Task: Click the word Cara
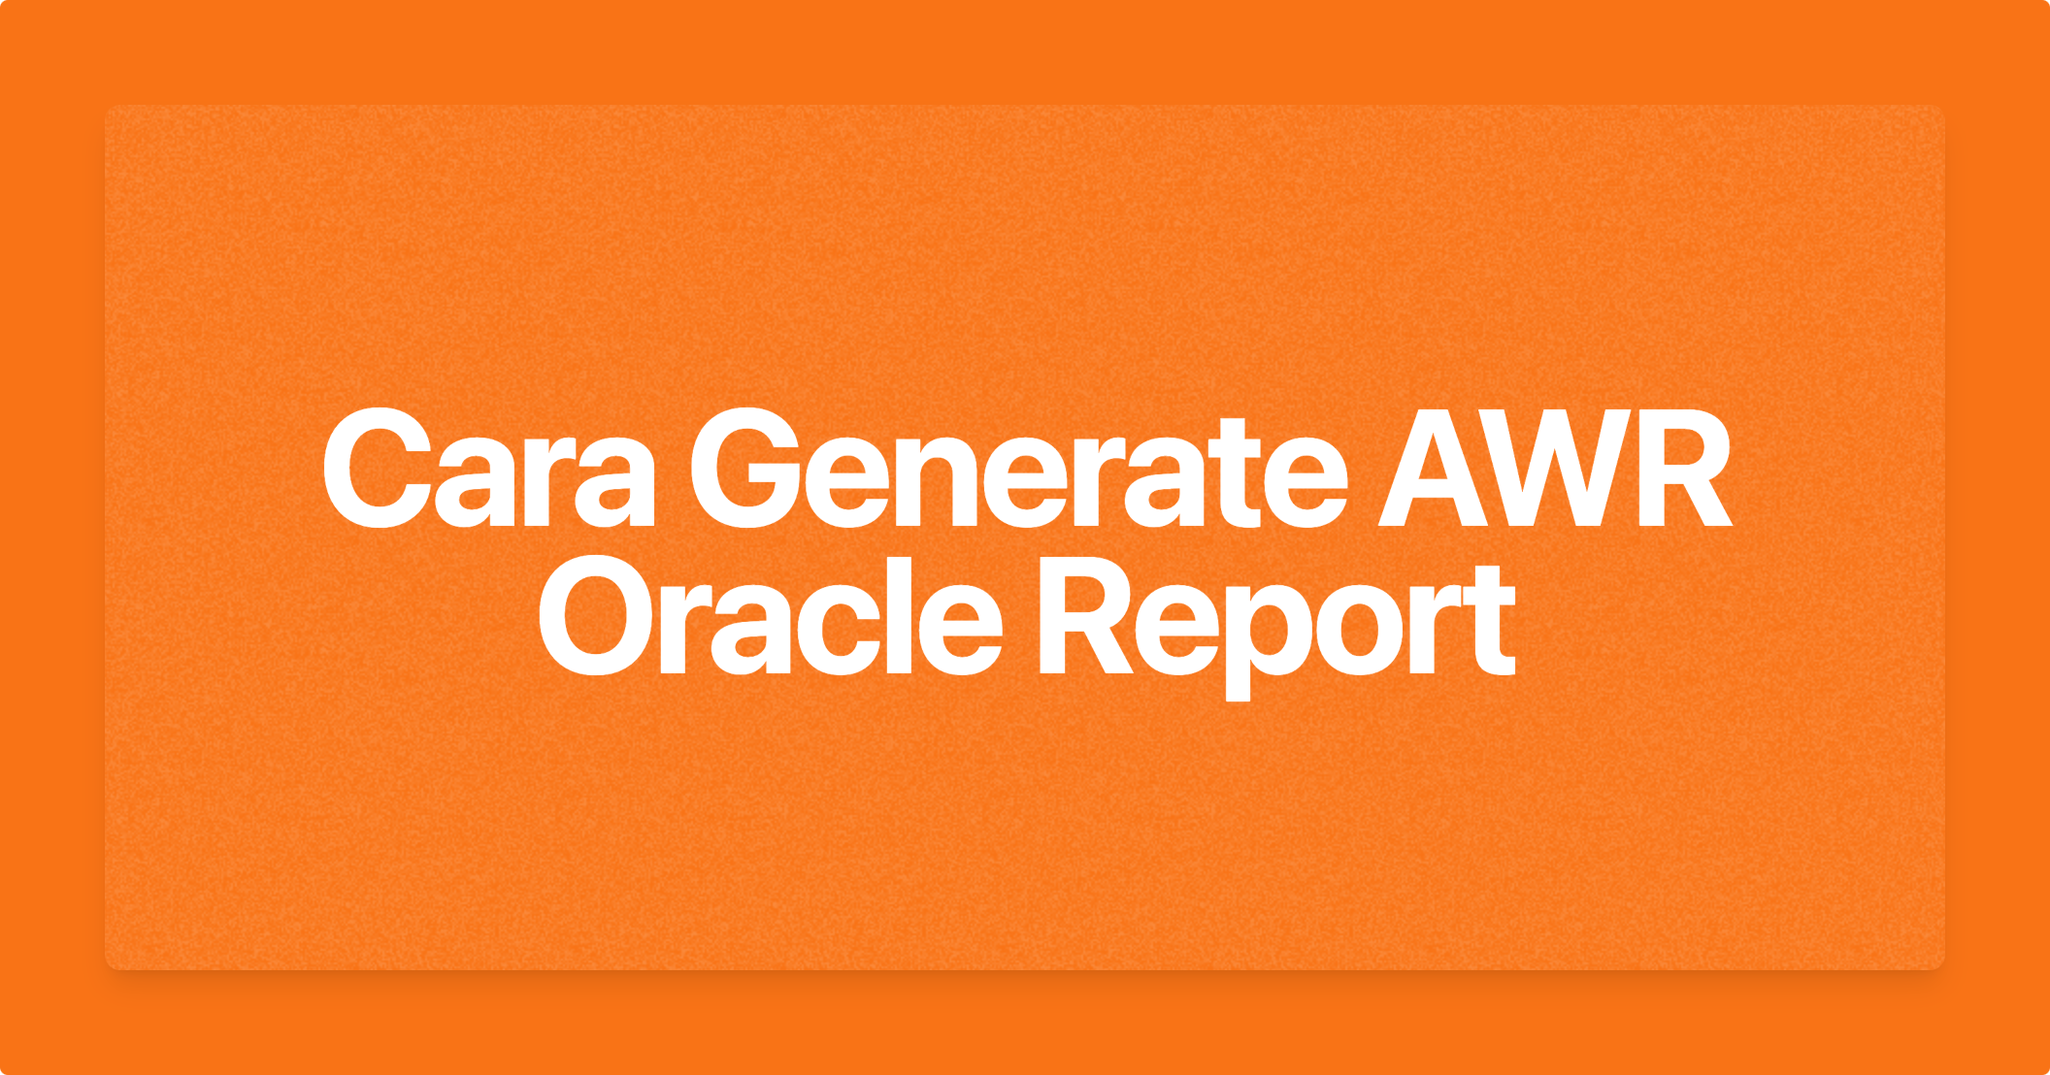point(489,469)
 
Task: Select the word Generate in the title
point(1018,469)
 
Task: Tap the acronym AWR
point(1555,469)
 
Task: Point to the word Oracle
point(770,617)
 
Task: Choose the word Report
point(1277,626)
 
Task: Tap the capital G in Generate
point(746,469)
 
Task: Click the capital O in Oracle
point(597,617)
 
